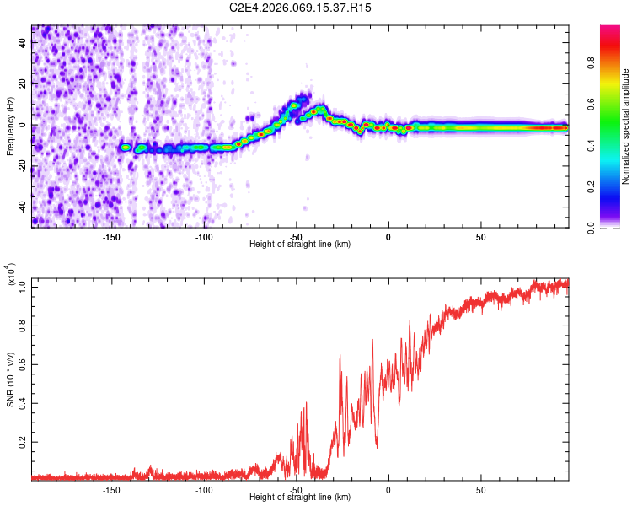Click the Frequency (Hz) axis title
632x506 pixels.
10,126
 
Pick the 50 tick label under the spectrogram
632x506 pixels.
480,236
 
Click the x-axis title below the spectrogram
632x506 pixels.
300,245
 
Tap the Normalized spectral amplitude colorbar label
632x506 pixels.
626,126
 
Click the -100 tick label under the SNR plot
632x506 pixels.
204,489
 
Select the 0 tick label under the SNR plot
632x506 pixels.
388,489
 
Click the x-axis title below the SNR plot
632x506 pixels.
300,498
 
